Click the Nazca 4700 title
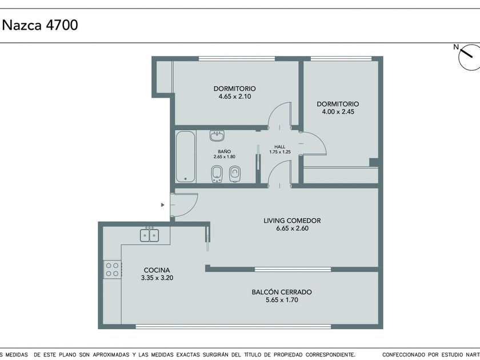40,25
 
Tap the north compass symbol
469,57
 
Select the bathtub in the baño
186,157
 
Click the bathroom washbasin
217,135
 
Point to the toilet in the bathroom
235,174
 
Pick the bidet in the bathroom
217,174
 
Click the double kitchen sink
149,235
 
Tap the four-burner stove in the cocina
113,269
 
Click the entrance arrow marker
162,205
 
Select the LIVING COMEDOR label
292,221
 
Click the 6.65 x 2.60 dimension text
292,229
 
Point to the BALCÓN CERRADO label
282,292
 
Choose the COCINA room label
157,270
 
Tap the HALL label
280,147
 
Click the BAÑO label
225,151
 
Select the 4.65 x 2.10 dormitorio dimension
235,97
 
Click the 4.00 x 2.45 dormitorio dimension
338,112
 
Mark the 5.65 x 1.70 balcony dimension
282,300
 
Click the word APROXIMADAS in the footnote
111,355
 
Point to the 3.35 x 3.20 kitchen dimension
157,278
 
